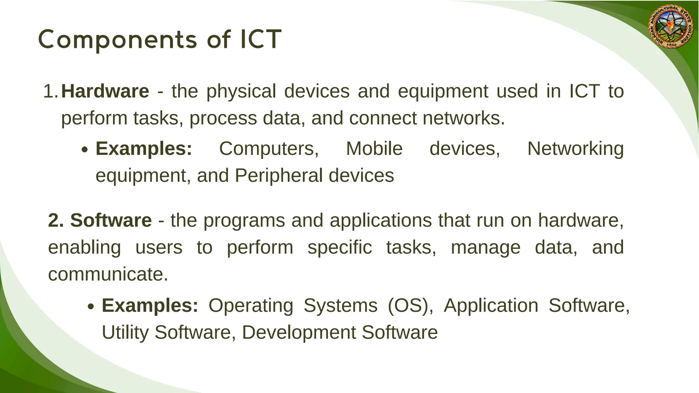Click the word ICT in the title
[261, 39]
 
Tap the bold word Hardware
[105, 91]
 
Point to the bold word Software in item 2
[111, 220]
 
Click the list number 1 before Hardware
[50, 91]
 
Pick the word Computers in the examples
[269, 149]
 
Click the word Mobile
[374, 149]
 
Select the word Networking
[575, 149]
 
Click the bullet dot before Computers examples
[85, 150]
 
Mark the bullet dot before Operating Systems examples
[91, 307]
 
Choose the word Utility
[125, 333]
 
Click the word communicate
[108, 274]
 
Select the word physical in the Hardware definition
[241, 91]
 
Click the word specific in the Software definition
[340, 248]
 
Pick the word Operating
[251, 306]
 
